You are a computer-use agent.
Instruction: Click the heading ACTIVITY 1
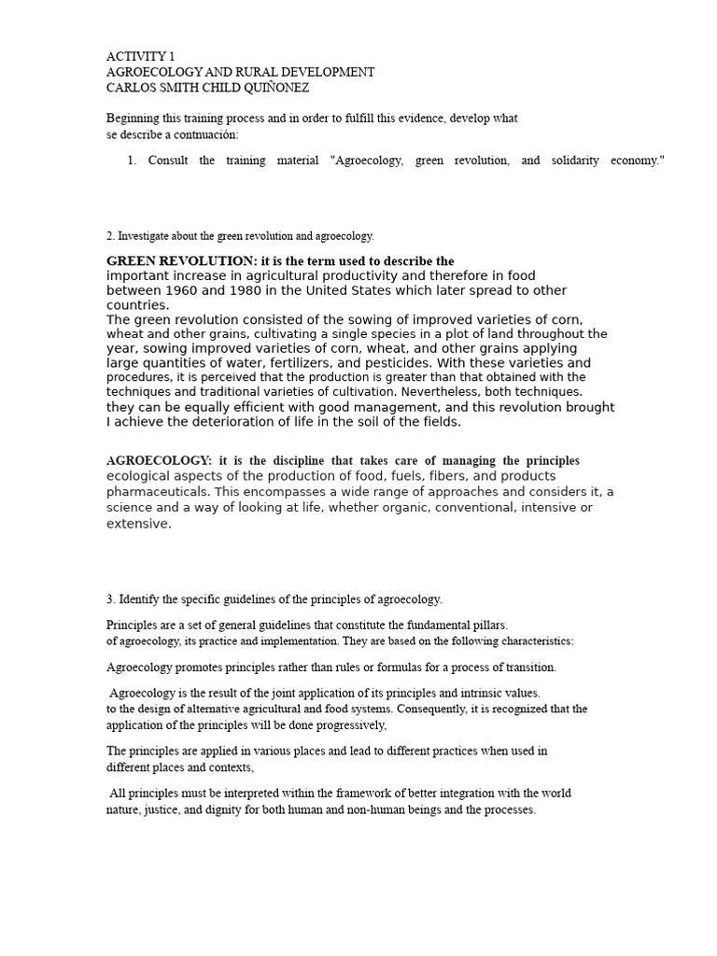[140, 56]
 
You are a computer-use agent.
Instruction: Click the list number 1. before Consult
[133, 161]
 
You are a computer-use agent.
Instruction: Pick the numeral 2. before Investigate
[110, 236]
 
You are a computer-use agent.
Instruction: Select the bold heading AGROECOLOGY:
[160, 461]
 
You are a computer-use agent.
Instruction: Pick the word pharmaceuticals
[157, 491]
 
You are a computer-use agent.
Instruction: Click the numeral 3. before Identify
[110, 598]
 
